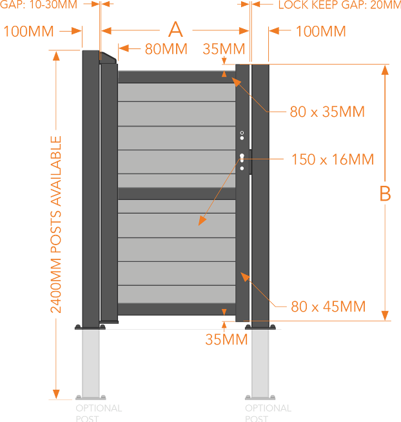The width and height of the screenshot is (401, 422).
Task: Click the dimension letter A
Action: pyautogui.click(x=175, y=30)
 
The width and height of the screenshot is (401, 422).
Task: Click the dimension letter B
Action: pyautogui.click(x=385, y=194)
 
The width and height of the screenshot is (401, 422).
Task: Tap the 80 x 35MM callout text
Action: pyautogui.click(x=327, y=112)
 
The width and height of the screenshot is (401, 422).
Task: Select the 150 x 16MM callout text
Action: pyautogui.click(x=333, y=159)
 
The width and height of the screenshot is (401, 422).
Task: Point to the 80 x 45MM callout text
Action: pyautogui.click(x=328, y=306)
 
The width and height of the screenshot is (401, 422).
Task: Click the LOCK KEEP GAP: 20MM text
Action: pyautogui.click(x=338, y=5)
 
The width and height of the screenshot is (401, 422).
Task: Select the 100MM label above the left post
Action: pyautogui.click(x=28, y=32)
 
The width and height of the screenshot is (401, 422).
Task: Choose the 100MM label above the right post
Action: pyautogui.click(x=320, y=32)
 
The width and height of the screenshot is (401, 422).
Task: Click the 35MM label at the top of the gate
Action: pyautogui.click(x=224, y=49)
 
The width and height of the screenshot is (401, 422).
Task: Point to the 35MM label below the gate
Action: pyautogui.click(x=226, y=339)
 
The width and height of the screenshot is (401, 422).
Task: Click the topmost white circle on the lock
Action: pyautogui.click(x=242, y=133)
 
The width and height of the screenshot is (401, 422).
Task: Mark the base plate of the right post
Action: pyautogui.click(x=260, y=327)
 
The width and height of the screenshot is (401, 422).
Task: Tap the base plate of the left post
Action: pyautogui.click(x=90, y=327)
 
